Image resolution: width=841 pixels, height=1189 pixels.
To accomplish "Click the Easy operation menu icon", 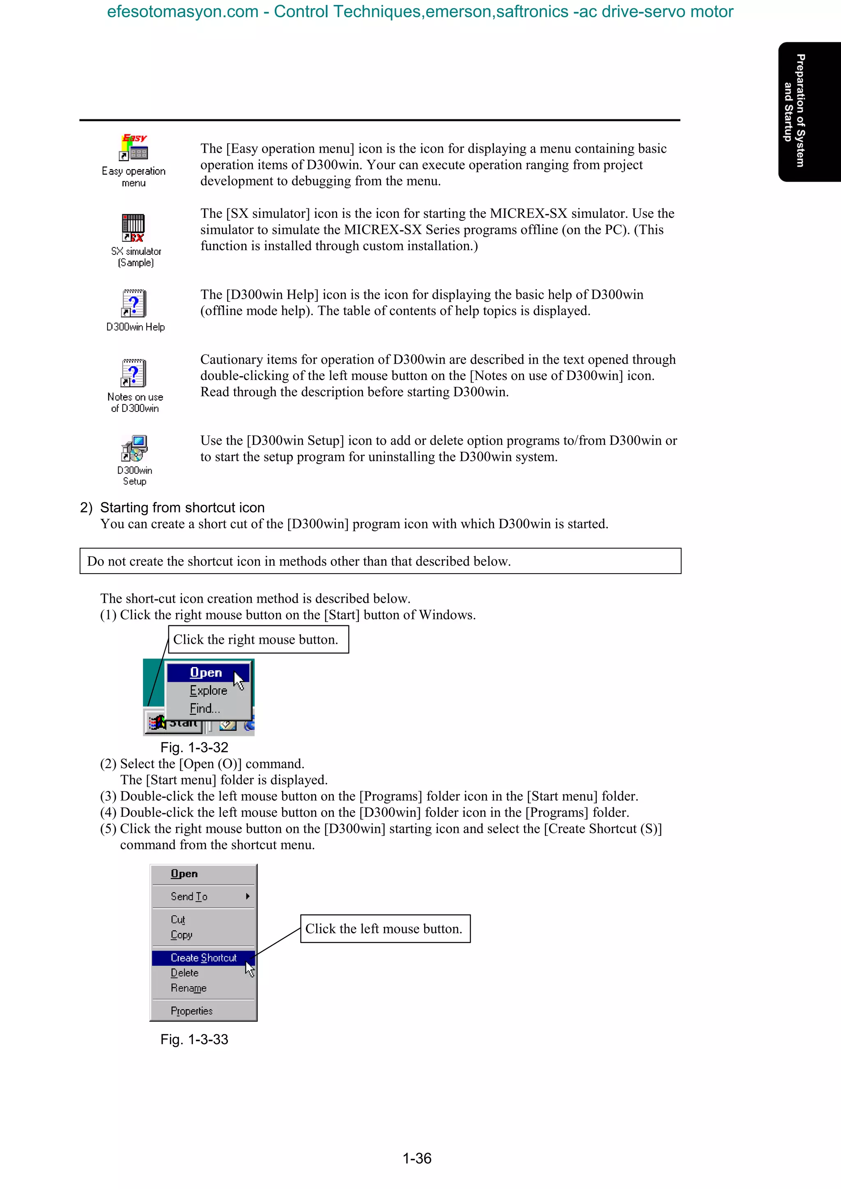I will pos(134,148).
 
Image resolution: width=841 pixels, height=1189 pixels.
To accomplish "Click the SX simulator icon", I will pos(133,228).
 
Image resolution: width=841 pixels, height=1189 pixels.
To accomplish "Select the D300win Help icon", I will pos(134,304).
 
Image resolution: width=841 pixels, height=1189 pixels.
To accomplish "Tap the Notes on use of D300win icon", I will pos(134,373).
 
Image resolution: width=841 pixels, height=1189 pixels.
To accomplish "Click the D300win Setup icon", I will pos(134,448).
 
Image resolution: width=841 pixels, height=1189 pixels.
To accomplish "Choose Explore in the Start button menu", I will pos(208,691).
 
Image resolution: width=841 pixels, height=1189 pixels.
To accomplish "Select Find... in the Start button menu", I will pos(205,709).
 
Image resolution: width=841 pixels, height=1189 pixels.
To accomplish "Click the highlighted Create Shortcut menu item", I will pos(203,958).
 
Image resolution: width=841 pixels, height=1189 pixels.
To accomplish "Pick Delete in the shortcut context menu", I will pos(184,973).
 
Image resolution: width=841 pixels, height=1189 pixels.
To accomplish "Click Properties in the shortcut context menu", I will pos(192,1011).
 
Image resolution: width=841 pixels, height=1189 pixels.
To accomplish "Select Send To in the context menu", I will pos(189,896).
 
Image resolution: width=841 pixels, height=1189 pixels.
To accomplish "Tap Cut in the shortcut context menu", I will pos(178,920).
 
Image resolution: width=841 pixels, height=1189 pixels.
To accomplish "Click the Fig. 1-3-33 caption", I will pos(194,1039).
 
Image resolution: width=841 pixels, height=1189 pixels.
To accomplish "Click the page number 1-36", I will pos(417,1159).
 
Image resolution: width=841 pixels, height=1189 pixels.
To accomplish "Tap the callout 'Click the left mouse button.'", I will pos(385,928).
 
